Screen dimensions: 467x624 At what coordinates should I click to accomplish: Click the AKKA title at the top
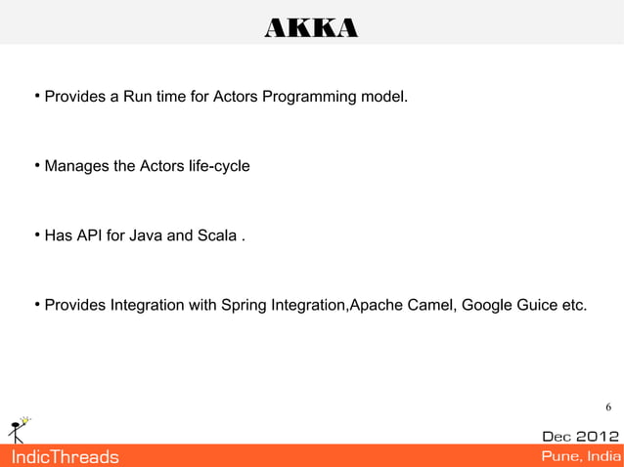click(311, 30)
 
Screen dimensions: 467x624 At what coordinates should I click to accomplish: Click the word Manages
click(77, 167)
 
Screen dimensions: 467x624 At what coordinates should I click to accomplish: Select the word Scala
click(214, 235)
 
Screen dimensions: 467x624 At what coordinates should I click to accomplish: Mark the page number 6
click(608, 407)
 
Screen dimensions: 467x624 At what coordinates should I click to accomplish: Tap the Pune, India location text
click(580, 456)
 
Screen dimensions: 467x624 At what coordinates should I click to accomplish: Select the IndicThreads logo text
click(64, 456)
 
